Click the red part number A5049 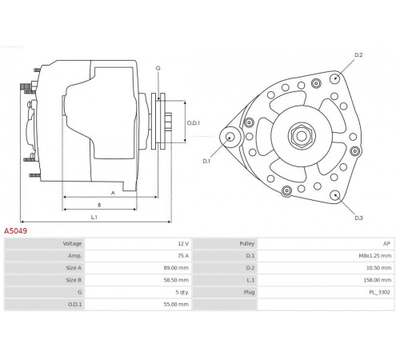click(15, 230)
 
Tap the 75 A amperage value click(183, 256)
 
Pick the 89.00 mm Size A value click(176, 268)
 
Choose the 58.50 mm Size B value click(176, 280)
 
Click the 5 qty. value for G click(182, 292)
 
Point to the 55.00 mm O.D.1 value click(176, 304)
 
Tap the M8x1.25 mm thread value click(375, 256)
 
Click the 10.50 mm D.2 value click(378, 268)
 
